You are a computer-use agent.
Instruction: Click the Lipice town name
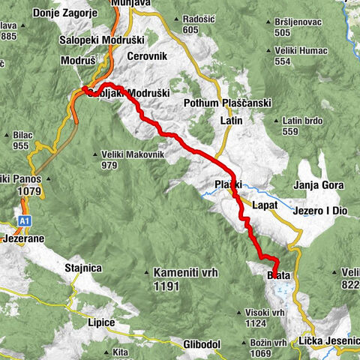99,322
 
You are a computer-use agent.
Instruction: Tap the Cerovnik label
145,56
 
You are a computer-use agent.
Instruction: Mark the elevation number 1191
169,286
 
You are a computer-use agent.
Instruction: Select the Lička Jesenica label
330,341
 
